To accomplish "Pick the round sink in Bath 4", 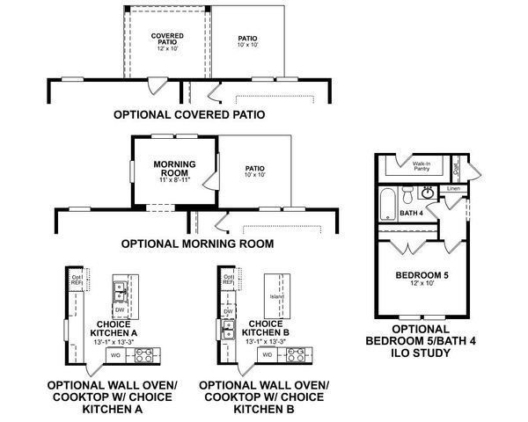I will point(429,192).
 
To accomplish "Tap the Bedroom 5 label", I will point(422,275).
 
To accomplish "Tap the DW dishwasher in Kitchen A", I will point(118,309).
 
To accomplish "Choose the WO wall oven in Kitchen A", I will point(114,354).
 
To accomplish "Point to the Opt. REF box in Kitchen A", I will point(76,281).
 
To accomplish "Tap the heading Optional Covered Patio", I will point(189,114).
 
